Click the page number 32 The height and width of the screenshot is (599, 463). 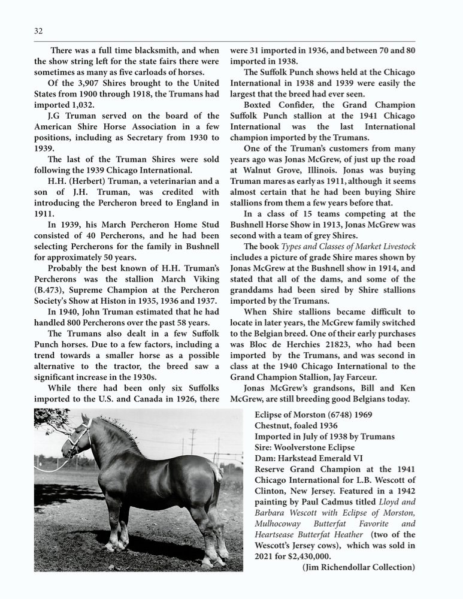(x=38, y=31)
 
